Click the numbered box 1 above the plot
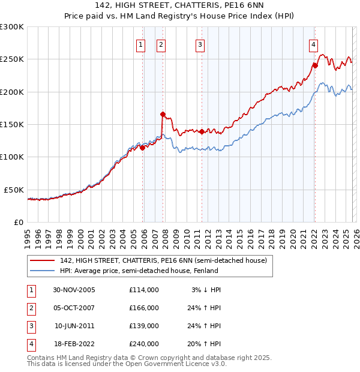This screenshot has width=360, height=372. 140,44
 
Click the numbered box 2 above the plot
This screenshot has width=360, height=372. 161,44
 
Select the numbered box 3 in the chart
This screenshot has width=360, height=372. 200,44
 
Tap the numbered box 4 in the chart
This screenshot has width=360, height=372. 313,44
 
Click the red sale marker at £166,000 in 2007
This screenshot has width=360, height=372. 163,113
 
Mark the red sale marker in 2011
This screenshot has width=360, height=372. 202,131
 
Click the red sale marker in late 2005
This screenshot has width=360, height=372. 143,148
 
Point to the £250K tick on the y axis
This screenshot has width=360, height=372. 12,59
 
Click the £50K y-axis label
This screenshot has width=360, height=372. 14,190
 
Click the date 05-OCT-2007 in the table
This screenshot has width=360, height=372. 74,308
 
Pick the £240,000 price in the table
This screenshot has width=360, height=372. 143,344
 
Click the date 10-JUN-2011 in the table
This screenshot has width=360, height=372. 74,326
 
